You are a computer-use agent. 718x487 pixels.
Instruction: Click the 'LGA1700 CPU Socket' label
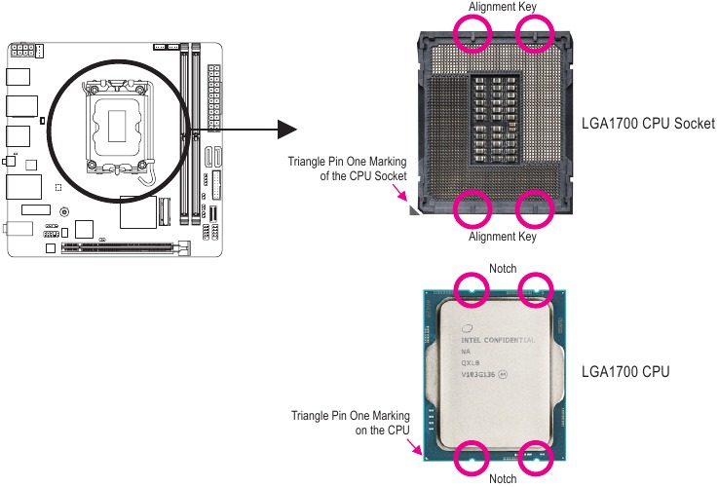click(648, 125)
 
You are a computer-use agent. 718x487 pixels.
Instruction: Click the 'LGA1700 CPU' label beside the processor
click(624, 371)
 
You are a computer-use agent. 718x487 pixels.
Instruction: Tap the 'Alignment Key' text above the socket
click(502, 7)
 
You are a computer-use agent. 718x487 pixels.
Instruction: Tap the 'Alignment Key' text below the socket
click(502, 236)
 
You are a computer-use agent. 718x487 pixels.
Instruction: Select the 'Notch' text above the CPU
click(502, 268)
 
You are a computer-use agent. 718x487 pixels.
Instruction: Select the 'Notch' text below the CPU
click(502, 478)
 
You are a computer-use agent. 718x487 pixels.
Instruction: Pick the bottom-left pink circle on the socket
click(472, 206)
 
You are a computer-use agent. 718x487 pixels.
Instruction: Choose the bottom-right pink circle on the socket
click(533, 206)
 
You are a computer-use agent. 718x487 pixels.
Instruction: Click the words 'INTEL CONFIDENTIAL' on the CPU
click(498, 340)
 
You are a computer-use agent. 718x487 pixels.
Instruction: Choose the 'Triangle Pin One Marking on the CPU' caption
click(351, 422)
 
